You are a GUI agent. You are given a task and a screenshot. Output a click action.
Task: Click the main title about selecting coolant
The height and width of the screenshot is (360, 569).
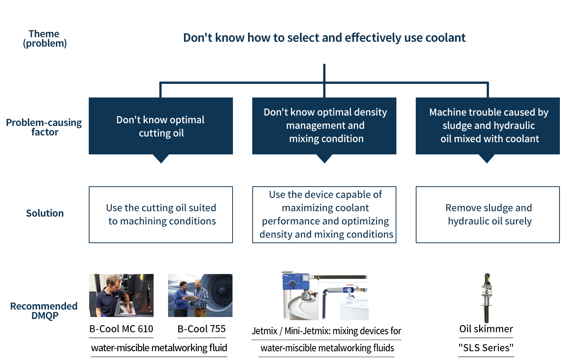(324, 38)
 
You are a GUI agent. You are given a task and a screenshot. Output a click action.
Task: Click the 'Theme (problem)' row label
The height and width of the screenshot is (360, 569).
(45, 39)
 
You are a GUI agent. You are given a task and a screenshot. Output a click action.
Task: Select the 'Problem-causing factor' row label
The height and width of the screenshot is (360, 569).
(44, 127)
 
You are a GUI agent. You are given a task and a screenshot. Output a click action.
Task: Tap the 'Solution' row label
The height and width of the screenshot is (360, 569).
(45, 213)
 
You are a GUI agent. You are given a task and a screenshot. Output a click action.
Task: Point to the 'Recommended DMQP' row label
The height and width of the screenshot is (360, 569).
(44, 311)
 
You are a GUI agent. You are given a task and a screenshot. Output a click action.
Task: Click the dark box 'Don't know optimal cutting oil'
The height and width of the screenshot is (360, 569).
(161, 126)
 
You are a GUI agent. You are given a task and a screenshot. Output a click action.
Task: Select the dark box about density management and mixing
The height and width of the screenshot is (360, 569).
(324, 126)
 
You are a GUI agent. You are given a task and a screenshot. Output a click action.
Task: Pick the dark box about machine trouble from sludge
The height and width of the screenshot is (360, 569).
(488, 126)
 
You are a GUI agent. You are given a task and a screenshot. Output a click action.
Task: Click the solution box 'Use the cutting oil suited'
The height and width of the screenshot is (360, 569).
(161, 215)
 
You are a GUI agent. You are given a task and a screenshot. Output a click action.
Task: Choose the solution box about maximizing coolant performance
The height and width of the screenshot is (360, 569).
(324, 215)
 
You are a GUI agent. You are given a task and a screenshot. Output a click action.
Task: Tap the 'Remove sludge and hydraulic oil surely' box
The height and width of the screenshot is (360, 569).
(488, 215)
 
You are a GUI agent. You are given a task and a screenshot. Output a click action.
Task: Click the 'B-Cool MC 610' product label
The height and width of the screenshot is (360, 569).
(121, 329)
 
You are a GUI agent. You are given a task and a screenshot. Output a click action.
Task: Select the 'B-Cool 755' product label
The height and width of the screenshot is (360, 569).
(201, 329)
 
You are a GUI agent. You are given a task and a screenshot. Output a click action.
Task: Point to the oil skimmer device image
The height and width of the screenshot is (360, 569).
(486, 298)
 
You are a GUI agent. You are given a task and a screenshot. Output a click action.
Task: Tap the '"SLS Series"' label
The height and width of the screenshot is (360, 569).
(486, 348)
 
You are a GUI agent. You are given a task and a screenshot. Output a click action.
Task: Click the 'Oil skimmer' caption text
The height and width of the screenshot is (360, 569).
(486, 329)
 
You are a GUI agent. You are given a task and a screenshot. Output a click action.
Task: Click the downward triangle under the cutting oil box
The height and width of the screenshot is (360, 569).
(161, 159)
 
